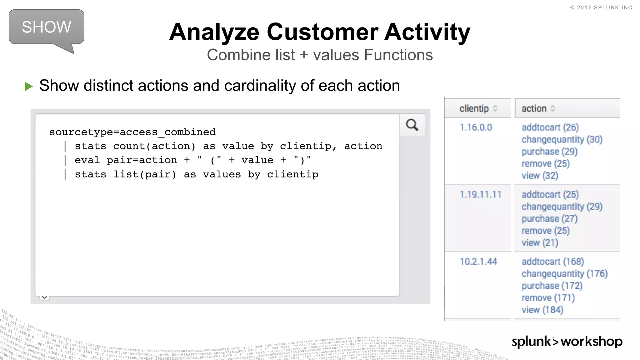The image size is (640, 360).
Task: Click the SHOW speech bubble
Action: click(47, 27)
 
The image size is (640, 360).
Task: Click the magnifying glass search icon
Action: click(412, 125)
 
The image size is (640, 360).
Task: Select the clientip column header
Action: click(474, 108)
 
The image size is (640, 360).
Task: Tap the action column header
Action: click(534, 108)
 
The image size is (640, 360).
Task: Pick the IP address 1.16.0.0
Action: click(476, 127)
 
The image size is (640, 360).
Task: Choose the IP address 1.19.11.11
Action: click(480, 195)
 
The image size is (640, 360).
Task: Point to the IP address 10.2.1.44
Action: click(478, 262)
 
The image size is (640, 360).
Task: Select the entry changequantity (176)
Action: click(564, 274)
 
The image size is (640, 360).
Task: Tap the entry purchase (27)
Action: click(549, 219)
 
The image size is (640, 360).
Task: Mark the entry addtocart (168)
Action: click(552, 262)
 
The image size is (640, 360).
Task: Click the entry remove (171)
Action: click(548, 298)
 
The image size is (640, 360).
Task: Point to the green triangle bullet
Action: click(28, 86)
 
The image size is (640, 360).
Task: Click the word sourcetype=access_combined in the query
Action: click(132, 132)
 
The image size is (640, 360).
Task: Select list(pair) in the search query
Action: click(145, 174)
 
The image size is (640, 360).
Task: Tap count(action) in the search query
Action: click(154, 146)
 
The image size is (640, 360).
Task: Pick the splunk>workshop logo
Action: click(567, 342)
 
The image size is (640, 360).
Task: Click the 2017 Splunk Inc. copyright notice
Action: click(602, 7)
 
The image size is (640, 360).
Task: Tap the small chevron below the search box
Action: click(44, 297)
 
